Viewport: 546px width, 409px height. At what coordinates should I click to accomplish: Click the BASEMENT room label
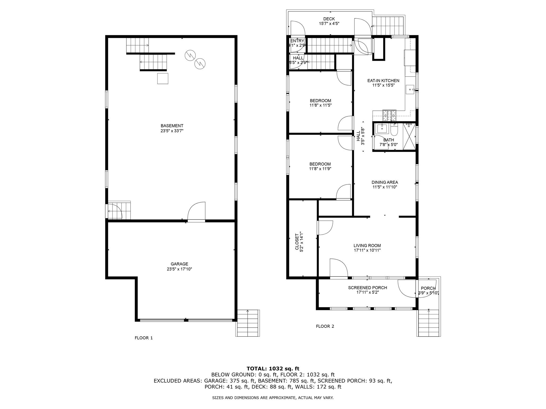coord(172,126)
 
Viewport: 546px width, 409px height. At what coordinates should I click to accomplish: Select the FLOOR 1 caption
coord(144,338)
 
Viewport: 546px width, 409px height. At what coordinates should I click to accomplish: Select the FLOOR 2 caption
coord(325,326)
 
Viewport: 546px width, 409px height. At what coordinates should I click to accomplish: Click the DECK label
coord(329,19)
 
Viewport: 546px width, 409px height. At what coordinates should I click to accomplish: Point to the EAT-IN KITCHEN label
coord(383,80)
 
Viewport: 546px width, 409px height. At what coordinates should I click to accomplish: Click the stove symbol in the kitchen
coord(390,115)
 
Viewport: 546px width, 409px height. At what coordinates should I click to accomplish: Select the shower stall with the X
coord(409,136)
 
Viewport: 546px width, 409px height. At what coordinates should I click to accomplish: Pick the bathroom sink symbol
coord(382,128)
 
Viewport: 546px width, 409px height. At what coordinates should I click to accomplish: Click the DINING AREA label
coord(385,182)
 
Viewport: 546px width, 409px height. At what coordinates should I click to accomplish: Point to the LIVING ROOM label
coord(367,246)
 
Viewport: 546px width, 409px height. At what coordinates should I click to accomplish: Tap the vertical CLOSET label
coord(297,242)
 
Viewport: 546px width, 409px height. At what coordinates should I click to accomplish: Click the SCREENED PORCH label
coord(367,288)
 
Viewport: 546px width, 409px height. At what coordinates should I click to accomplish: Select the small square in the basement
coord(163,79)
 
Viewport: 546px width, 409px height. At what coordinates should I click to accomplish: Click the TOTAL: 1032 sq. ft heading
coord(273,369)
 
